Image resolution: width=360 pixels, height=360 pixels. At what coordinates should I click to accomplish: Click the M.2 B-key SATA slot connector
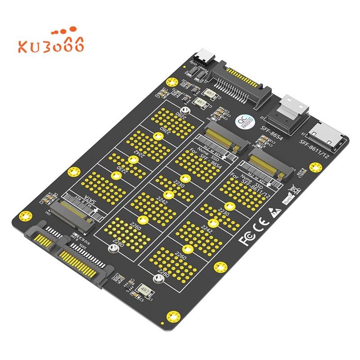[x=67, y=216]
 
